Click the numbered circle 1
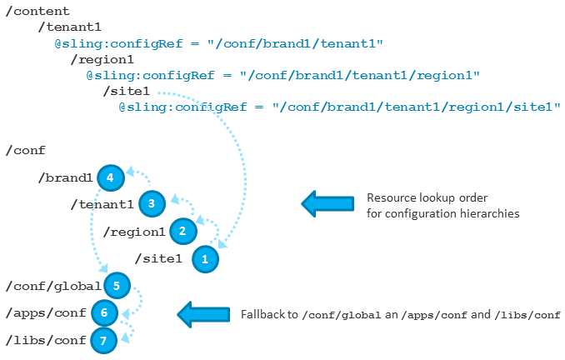[x=204, y=258]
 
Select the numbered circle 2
[x=182, y=231]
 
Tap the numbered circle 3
[x=151, y=203]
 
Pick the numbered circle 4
[x=110, y=177]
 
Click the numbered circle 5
[x=117, y=286]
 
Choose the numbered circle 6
[x=104, y=312]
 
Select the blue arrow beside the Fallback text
[x=204, y=314]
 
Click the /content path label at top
[x=37, y=10]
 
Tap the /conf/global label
[x=52, y=287]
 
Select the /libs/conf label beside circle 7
[x=44, y=341]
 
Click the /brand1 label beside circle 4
[x=65, y=177]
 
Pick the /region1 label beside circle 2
[x=133, y=232]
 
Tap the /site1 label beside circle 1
[x=157, y=259]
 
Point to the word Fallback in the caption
[x=262, y=314]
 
